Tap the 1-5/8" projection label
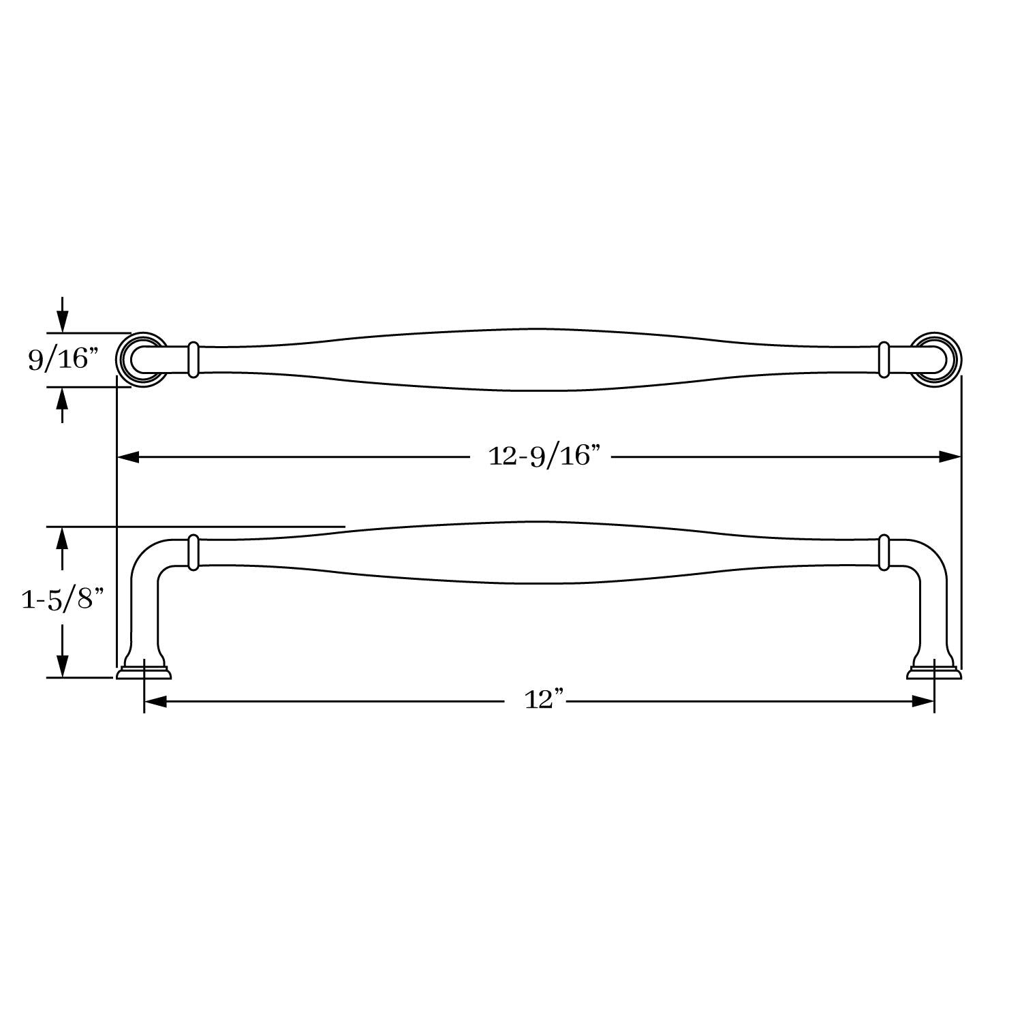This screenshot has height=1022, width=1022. pyautogui.click(x=62, y=600)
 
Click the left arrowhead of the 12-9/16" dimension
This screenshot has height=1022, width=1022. pyautogui.click(x=129, y=456)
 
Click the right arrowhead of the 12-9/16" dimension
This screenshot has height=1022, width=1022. pyautogui.click(x=950, y=456)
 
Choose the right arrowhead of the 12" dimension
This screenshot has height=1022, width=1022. pyautogui.click(x=923, y=701)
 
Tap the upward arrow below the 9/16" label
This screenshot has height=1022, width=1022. pyautogui.click(x=63, y=405)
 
